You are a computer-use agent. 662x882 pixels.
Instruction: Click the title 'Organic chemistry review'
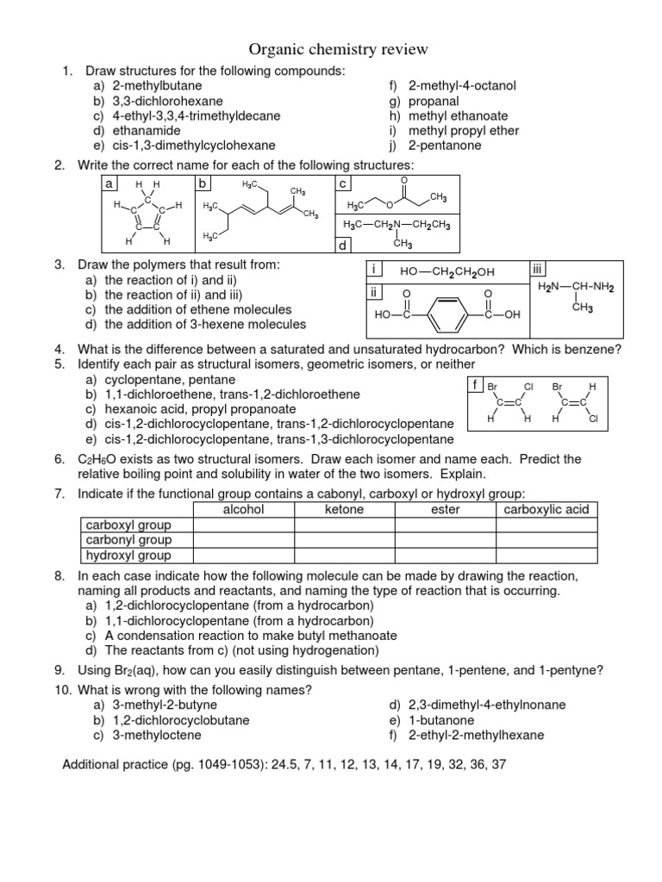click(326, 49)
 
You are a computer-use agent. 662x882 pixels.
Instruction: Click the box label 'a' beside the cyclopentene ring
click(109, 184)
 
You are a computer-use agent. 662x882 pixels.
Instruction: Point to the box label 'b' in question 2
click(203, 184)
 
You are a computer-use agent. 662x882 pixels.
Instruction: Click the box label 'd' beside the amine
click(342, 245)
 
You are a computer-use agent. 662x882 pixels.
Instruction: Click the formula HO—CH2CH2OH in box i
click(447, 272)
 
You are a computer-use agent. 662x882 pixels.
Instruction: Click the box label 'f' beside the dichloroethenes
click(475, 384)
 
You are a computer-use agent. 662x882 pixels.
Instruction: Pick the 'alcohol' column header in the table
click(244, 509)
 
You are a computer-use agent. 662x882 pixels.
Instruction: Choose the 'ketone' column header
click(344, 509)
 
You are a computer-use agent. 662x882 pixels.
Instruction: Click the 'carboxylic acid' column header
click(546, 509)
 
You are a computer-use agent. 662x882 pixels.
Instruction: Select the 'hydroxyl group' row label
click(128, 556)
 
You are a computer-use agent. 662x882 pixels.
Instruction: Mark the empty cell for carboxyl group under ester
click(445, 525)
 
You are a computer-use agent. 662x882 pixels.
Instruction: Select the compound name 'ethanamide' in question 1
click(138, 131)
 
